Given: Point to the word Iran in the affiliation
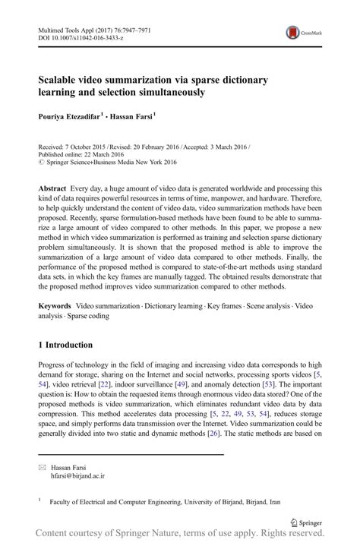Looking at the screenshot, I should point(276,501).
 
